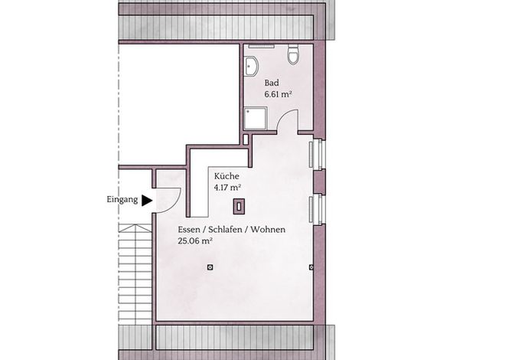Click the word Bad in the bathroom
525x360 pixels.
[272, 83]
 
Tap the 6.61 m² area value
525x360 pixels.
[278, 94]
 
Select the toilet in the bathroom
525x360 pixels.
[293, 54]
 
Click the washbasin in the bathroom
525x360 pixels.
[251, 66]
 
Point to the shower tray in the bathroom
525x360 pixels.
[256, 118]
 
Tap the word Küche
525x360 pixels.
[227, 176]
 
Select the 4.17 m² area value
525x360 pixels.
[228, 188]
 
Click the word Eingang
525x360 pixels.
[122, 200]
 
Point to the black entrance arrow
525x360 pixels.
[147, 201]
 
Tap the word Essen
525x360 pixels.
[188, 230]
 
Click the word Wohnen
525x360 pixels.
[268, 230]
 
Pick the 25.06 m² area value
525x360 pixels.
[196, 241]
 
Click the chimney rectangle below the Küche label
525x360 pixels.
[239, 207]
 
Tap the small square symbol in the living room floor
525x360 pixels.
[210, 267]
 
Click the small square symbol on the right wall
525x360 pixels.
[311, 267]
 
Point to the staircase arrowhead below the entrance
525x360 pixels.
[135, 228]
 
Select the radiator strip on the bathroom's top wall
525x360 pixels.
[262, 47]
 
